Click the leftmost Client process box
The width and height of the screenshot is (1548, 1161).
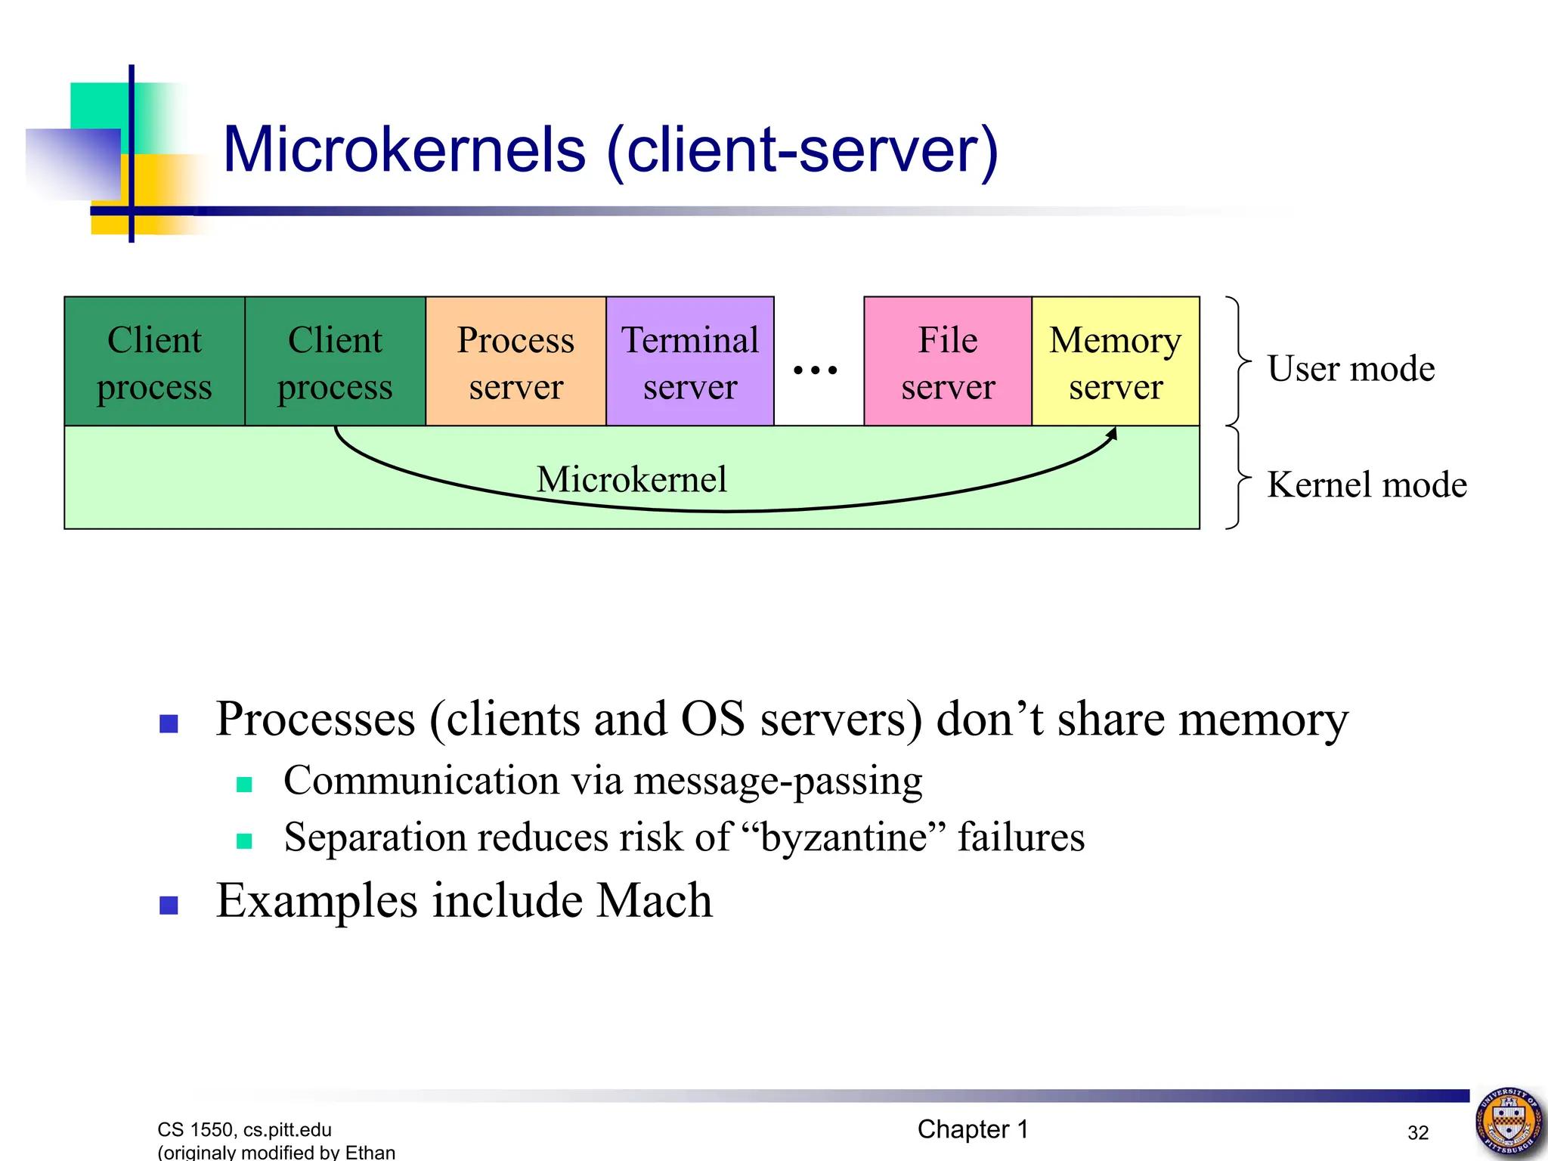pyautogui.click(x=154, y=361)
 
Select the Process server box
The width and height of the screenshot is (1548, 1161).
pyautogui.click(x=515, y=361)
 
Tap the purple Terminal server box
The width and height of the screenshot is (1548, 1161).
pyautogui.click(x=689, y=361)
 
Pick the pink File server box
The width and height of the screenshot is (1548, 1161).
pyautogui.click(x=948, y=361)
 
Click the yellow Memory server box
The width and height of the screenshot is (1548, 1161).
pyautogui.click(x=1115, y=361)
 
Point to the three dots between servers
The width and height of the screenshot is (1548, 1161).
pyautogui.click(x=815, y=370)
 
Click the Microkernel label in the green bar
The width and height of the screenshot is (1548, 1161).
pyautogui.click(x=631, y=479)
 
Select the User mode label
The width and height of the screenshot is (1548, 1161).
pyautogui.click(x=1351, y=369)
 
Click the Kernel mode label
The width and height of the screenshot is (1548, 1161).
pyautogui.click(x=1367, y=485)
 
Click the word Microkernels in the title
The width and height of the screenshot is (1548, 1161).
pyautogui.click(x=404, y=150)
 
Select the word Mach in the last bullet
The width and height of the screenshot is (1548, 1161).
pyautogui.click(x=654, y=901)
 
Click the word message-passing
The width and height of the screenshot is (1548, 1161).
pyautogui.click(x=778, y=781)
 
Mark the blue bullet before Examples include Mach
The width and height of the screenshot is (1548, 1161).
pyautogui.click(x=169, y=905)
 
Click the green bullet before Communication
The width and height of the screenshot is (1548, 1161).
pyautogui.click(x=244, y=785)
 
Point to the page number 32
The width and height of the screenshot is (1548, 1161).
pyautogui.click(x=1417, y=1132)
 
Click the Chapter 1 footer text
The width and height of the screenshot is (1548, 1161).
pyautogui.click(x=973, y=1129)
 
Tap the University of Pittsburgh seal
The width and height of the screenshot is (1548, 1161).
pyautogui.click(x=1509, y=1121)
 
